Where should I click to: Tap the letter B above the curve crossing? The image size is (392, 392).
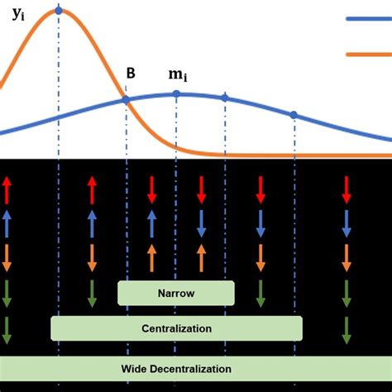(x=131, y=73)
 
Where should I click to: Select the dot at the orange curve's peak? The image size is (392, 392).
(x=58, y=10)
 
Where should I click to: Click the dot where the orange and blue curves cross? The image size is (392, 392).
(x=126, y=99)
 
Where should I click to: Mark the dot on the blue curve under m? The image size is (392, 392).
(x=176, y=94)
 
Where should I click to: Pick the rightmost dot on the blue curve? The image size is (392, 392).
(x=294, y=114)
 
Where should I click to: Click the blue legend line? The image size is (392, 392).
(x=368, y=19)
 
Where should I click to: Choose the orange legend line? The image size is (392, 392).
(x=368, y=54)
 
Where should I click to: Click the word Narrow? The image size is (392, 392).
(x=175, y=293)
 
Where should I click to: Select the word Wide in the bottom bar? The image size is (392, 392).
(x=136, y=369)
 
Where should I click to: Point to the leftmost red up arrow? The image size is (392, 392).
(x=7, y=189)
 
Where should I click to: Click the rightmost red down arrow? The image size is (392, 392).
(x=347, y=189)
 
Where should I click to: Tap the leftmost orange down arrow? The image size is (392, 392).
(x=7, y=258)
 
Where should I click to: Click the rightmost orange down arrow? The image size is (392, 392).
(x=347, y=258)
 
